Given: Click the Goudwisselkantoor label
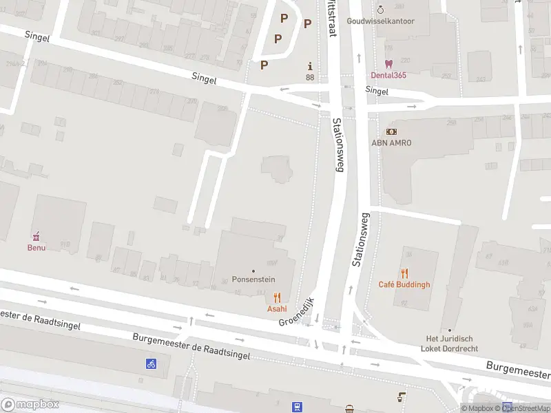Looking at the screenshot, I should point(380,21).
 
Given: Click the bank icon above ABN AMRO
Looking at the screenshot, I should point(391,131).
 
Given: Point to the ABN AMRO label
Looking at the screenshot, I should point(391,142).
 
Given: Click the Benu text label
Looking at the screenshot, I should point(37,247).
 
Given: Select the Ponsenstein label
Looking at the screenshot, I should point(253,281).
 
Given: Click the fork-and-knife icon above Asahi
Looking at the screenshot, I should point(277,297).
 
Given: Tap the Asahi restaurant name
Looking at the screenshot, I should point(277,309).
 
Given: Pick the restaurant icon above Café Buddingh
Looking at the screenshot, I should point(404,273).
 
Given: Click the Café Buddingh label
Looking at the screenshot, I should point(404,285).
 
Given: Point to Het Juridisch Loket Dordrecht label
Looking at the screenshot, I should point(450,343).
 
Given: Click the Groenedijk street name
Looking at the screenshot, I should point(296,312).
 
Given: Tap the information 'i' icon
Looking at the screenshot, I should point(310,66).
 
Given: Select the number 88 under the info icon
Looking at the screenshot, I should point(310,77).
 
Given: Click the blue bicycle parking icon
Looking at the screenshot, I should point(151,363).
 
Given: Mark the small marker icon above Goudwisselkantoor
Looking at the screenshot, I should point(380,10).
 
